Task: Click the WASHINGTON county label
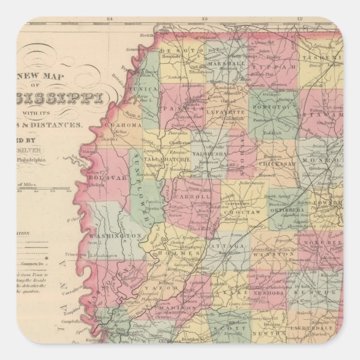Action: point(120,236)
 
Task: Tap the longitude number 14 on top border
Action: point(109,18)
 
